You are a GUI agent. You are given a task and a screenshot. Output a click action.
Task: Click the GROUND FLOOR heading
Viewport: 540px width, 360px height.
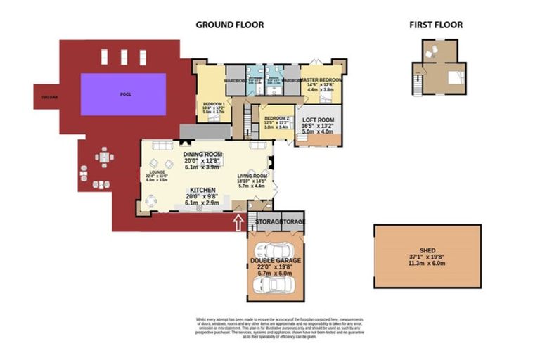(x=229, y=25)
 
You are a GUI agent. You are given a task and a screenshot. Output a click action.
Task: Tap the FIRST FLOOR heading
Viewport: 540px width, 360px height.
(x=436, y=25)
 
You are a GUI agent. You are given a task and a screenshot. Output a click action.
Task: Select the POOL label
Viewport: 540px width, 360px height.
(x=125, y=94)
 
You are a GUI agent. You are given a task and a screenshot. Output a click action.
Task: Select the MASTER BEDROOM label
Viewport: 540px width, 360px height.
(x=321, y=81)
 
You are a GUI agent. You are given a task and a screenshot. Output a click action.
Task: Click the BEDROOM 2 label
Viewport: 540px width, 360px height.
(x=276, y=118)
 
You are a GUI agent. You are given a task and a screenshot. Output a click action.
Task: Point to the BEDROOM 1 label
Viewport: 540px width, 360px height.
(x=213, y=103)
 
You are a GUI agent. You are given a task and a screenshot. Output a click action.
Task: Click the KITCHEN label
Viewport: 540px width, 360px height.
(x=202, y=191)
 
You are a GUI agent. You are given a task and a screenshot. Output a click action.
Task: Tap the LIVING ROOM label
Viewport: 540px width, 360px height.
(x=251, y=176)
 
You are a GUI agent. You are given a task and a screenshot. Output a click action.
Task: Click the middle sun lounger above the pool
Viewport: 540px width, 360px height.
(x=123, y=56)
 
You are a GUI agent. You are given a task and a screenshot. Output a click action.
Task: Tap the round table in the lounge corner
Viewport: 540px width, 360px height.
(x=152, y=201)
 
